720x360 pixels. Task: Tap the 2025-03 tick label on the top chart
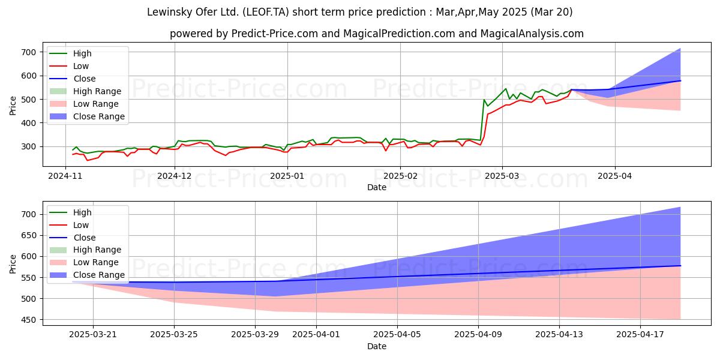(502, 176)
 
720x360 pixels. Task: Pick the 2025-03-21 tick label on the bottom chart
(93, 334)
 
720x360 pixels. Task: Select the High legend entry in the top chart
(82, 53)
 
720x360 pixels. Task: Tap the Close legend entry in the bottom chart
(84, 238)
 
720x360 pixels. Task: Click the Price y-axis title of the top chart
(13, 106)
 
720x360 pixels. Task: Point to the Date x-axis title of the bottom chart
(377, 346)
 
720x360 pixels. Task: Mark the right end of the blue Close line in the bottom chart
(680, 266)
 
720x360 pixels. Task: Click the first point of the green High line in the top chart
(73, 150)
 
